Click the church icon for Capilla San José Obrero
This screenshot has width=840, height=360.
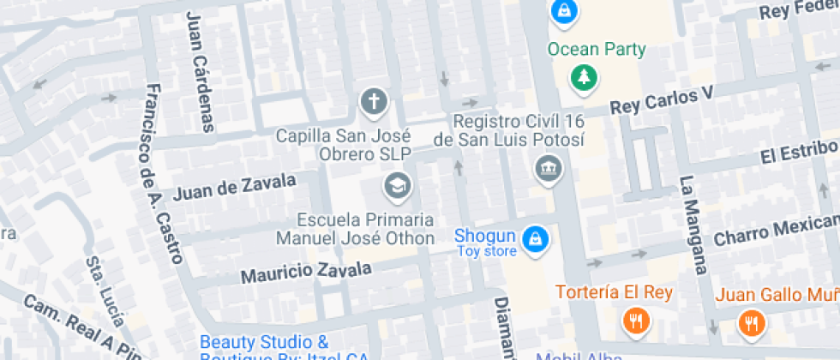374,103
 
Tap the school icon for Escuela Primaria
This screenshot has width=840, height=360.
397,184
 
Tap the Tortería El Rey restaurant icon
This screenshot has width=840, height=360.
636,321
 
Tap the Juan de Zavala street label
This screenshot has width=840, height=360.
234,186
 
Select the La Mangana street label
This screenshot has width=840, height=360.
693,225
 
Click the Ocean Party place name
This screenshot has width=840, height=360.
597,49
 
